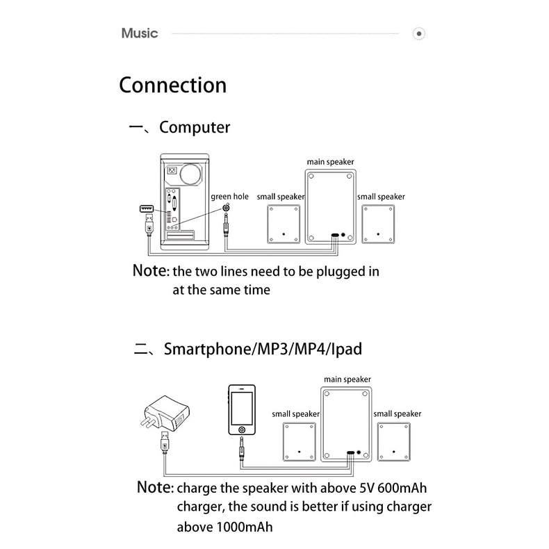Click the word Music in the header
pos(140,33)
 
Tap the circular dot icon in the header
pos(418,33)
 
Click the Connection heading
pos(173,85)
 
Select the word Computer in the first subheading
pos(195,128)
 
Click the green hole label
pos(229,197)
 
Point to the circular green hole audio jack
pos(227,208)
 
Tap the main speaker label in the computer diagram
pos(331,162)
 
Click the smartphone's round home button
pos(242,439)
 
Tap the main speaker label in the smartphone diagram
pos(347,379)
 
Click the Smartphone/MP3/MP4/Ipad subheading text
pos(263,349)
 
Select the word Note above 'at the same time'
pos(150,270)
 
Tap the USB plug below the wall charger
pos(163,442)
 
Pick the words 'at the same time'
pos(221,290)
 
